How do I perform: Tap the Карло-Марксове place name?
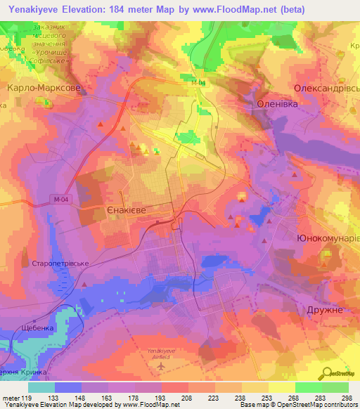[44, 89]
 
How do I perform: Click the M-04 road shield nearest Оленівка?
[198, 82]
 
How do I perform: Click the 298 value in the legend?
[345, 398]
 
